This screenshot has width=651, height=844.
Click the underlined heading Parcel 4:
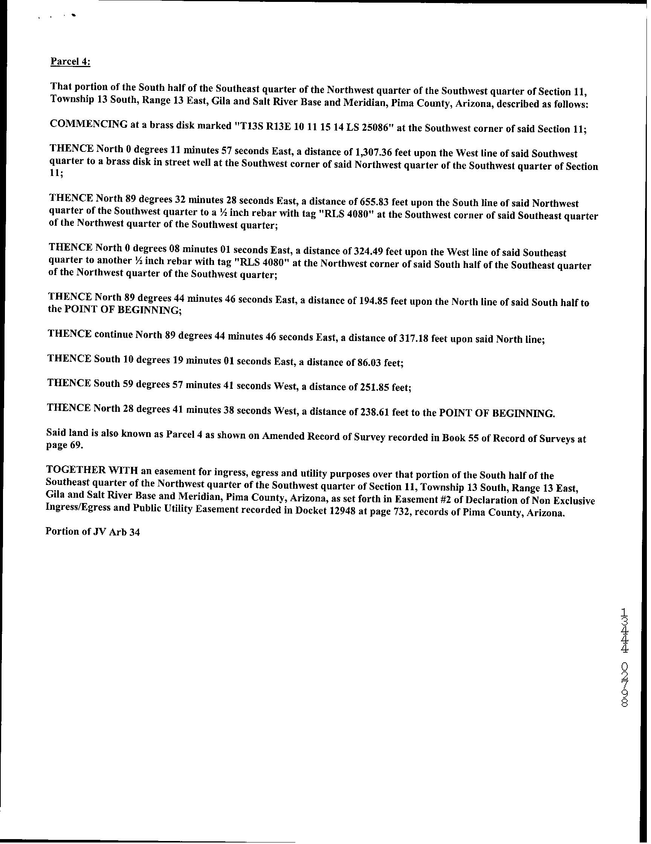70,62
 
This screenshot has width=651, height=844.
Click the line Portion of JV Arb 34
93,532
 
